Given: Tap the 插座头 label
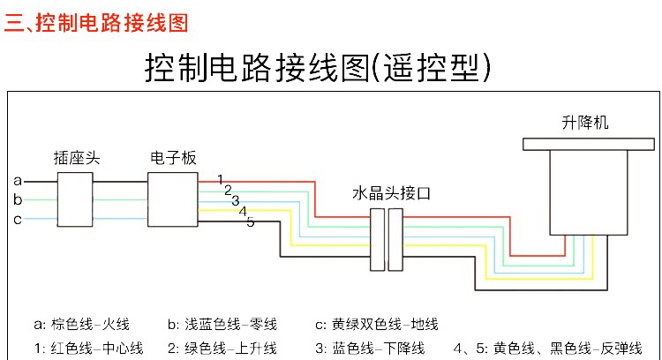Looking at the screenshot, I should coord(76,159).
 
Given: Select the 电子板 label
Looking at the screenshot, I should coord(173,159).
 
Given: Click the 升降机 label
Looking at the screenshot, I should coord(584,123).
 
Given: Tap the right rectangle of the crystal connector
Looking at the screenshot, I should coord(395,239).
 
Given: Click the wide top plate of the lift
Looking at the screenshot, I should coord(584,143).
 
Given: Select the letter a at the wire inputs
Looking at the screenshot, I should coord(18,181).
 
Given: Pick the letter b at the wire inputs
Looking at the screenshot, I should coord(18,199).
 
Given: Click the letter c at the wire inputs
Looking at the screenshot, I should coord(18,219).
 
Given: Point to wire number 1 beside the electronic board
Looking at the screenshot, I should coord(220,180).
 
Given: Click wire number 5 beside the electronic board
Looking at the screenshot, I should coord(251,221).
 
